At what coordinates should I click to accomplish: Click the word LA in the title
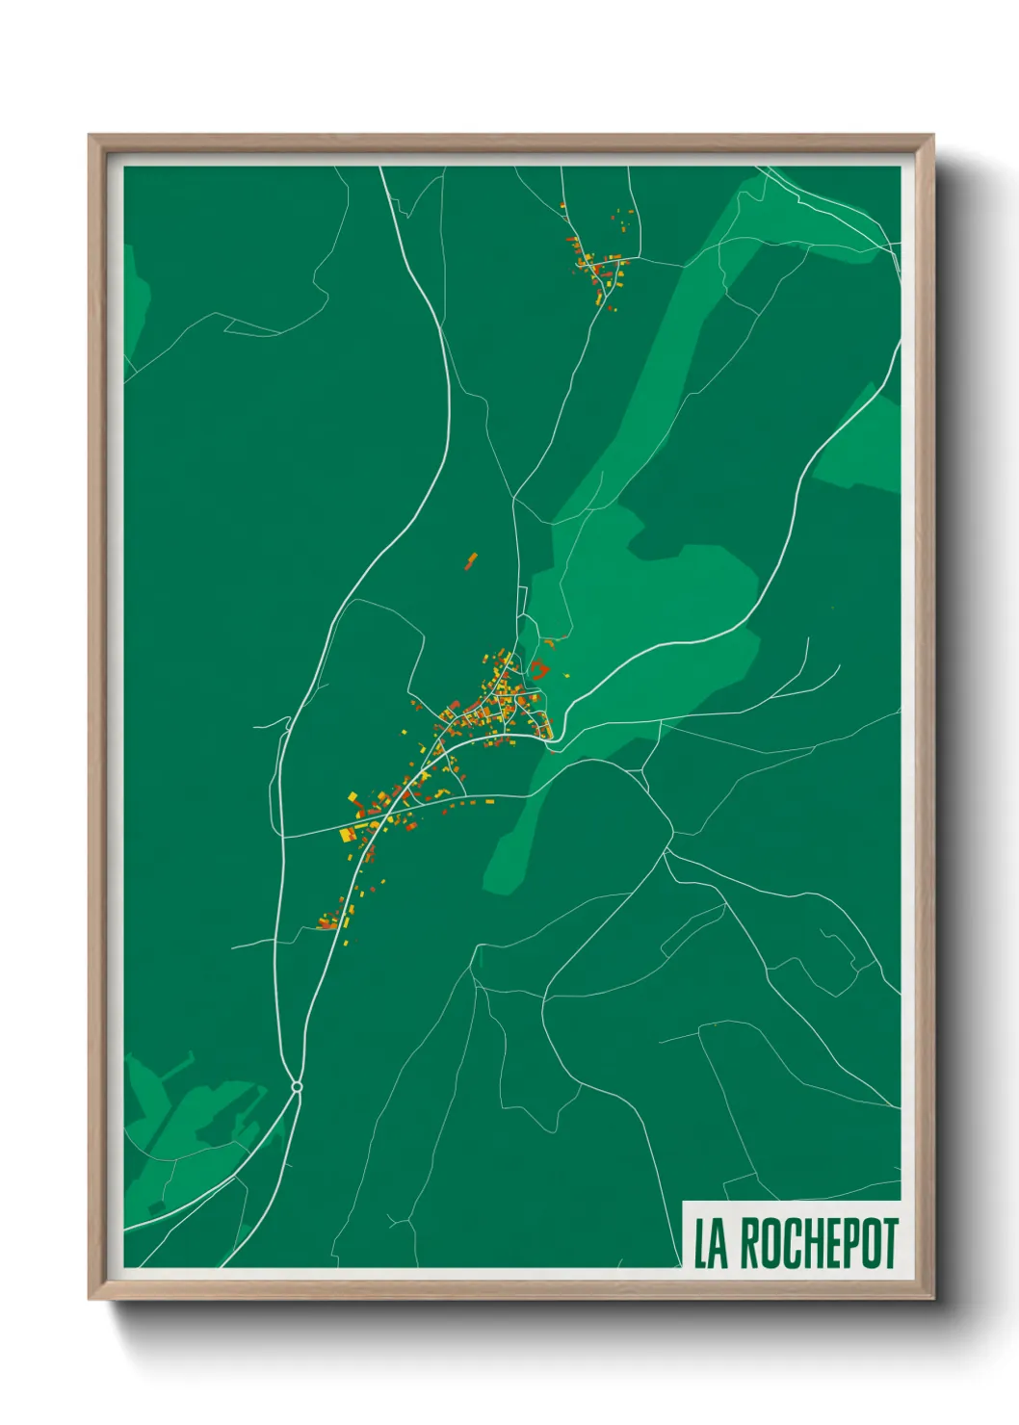click(x=711, y=1244)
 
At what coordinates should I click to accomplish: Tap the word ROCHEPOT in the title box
click(x=819, y=1244)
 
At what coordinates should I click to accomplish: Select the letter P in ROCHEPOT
click(x=851, y=1244)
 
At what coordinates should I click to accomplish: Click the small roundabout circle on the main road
click(x=297, y=1087)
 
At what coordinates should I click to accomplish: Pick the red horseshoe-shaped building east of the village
click(x=538, y=669)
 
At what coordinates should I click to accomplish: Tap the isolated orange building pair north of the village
click(x=471, y=560)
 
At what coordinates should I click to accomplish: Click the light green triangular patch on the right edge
click(x=862, y=443)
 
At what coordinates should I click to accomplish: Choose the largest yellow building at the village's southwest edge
click(x=349, y=834)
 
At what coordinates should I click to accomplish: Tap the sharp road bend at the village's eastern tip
click(x=551, y=738)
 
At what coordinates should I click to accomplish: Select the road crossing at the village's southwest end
click(x=387, y=819)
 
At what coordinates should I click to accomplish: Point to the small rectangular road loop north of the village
click(x=523, y=601)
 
